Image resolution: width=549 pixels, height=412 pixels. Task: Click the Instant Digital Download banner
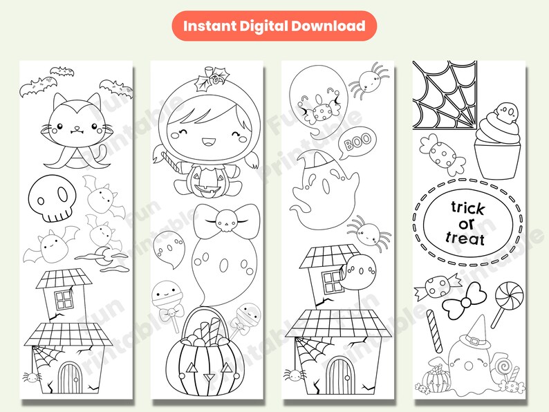[274, 26]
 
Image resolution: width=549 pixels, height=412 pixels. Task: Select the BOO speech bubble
[357, 141]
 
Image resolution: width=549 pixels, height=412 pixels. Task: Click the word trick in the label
[467, 207]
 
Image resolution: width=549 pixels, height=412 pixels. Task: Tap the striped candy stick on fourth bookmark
[433, 329]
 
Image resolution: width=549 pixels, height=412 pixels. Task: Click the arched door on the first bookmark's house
[70, 377]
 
